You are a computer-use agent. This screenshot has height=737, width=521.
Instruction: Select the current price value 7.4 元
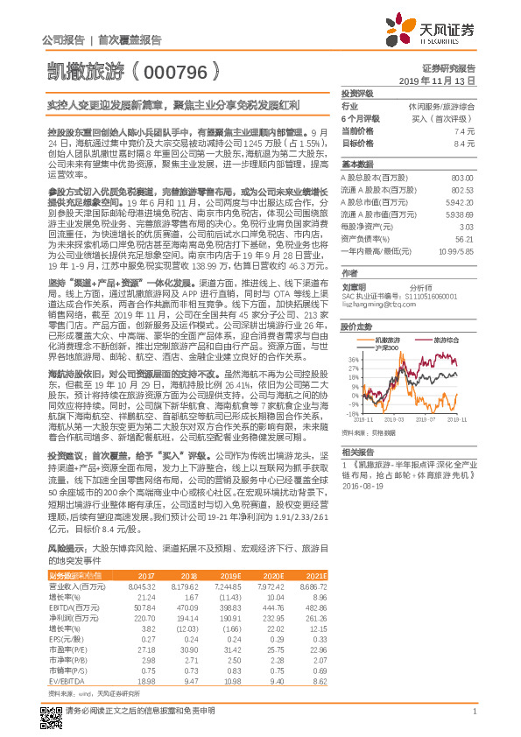tap(465, 130)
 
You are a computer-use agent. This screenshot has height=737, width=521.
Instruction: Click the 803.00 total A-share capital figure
tap(461, 178)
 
